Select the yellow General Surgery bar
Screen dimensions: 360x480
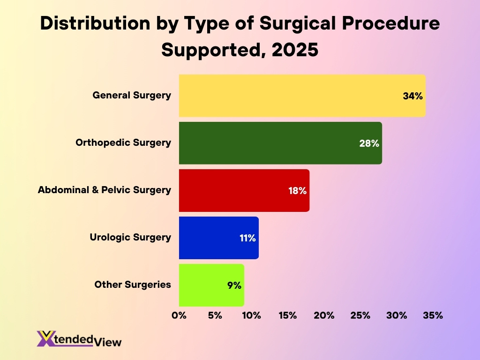pos(291,96)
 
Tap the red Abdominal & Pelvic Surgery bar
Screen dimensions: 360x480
pos(234,190)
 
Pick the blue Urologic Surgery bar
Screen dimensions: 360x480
pos(211,238)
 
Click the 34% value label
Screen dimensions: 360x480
pos(412,96)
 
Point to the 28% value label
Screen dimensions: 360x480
pos(369,143)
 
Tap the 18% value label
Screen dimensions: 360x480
pos(297,191)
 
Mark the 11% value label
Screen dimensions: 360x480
pos(247,238)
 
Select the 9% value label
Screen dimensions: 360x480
pos(234,285)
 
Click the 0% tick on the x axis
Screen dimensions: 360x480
pos(179,315)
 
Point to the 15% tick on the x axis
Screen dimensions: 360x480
pos(288,315)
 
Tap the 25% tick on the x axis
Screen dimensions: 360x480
pos(360,315)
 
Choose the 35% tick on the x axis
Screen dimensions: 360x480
pos(433,315)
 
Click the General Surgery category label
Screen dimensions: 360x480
pos(132,95)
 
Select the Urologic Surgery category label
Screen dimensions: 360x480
pos(130,237)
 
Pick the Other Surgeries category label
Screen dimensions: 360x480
pos(133,285)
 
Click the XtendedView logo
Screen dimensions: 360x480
pos(79,339)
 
